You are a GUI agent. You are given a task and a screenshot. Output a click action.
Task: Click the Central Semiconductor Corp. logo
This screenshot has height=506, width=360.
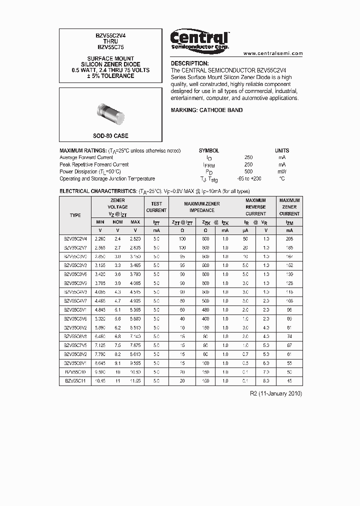pos(199,40)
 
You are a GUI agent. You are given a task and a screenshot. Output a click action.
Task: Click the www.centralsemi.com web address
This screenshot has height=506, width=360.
pos(273,53)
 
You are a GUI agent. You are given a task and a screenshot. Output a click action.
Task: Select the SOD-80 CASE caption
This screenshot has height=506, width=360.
pos(110,136)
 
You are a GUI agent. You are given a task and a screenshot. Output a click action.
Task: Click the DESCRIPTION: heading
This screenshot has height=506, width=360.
pos(189,63)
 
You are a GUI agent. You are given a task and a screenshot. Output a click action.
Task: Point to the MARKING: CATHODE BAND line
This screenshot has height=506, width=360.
pos(206,110)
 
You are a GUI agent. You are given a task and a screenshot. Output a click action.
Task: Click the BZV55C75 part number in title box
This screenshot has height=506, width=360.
pos(110,47)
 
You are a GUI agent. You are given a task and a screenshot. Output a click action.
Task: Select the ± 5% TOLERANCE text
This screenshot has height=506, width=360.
pos(110,76)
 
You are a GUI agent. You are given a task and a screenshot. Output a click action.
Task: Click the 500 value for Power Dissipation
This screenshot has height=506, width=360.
pos(248,171)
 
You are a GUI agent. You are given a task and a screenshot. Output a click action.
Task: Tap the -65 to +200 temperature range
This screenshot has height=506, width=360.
pos(248,178)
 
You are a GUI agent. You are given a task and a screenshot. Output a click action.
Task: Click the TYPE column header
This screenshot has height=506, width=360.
pos(75,215)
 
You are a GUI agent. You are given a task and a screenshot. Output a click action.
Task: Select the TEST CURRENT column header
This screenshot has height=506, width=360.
pos(156,207)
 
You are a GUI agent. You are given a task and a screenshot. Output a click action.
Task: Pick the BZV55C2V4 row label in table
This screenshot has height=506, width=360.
pos(75,239)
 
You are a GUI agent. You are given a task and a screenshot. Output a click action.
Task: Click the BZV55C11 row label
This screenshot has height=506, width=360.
pos(75,381)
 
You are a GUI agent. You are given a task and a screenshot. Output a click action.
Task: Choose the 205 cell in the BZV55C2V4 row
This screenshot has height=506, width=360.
pos(289,239)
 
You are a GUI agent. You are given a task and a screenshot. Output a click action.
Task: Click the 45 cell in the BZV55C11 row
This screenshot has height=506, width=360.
pos(289,381)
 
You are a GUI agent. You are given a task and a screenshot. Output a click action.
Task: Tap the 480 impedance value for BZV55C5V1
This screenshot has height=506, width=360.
pos(205,310)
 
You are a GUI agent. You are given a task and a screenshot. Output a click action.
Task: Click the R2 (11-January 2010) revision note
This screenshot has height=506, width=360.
pos(275,393)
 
